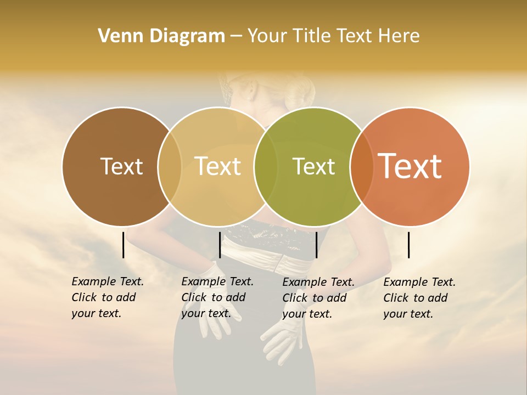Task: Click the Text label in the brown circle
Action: tap(121, 166)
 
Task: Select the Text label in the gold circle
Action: tap(217, 166)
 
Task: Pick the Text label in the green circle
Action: tap(313, 166)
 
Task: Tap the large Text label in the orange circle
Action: tap(410, 166)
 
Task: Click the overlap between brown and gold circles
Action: tap(170, 167)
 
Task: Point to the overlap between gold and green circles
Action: tap(266, 167)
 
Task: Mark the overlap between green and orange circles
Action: tap(362, 167)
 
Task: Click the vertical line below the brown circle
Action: tap(123, 245)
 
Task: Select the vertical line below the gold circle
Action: tap(220, 245)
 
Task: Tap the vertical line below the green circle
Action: tap(316, 245)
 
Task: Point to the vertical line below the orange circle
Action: tap(408, 245)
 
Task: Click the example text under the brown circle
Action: tap(108, 297)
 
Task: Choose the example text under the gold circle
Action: tap(217, 297)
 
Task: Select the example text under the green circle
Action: tap(318, 298)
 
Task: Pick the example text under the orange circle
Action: tap(419, 298)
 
